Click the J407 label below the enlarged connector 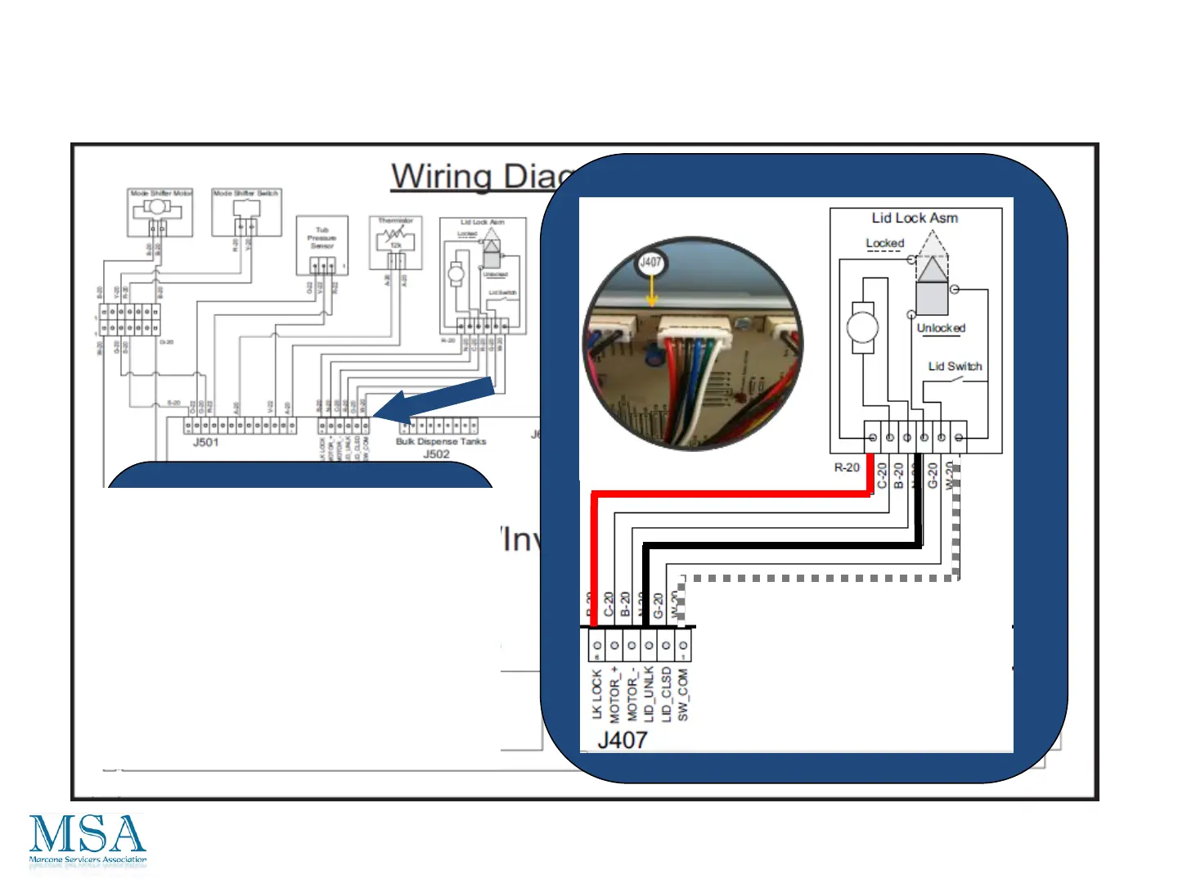(x=623, y=740)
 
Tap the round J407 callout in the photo (x=650, y=263)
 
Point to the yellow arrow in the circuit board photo (x=651, y=292)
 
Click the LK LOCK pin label (x=596, y=695)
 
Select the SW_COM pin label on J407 (x=683, y=695)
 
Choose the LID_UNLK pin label (x=649, y=693)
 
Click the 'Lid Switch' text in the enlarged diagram (x=955, y=366)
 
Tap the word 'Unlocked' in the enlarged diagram (x=941, y=328)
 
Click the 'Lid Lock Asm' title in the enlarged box (x=915, y=218)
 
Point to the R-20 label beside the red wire (x=847, y=467)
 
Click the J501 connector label (x=205, y=442)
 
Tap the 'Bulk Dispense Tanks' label (x=441, y=441)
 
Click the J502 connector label (x=436, y=453)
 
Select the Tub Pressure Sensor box (x=322, y=245)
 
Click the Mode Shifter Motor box (x=160, y=213)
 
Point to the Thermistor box (x=396, y=242)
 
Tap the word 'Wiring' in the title (x=442, y=176)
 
